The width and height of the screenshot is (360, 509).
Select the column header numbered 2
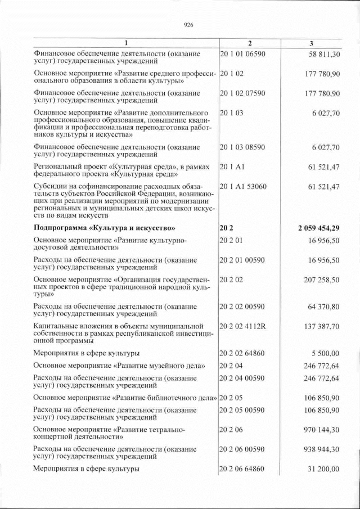250,43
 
